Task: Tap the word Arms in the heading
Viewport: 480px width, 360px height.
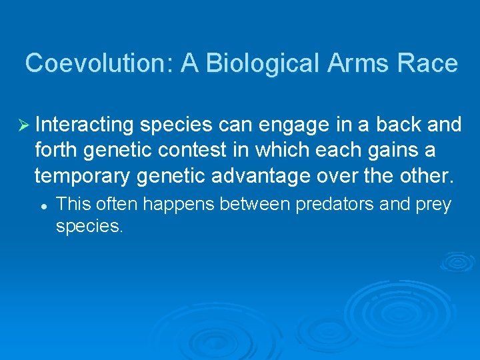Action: click(361, 63)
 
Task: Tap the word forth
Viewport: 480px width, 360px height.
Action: click(56, 150)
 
